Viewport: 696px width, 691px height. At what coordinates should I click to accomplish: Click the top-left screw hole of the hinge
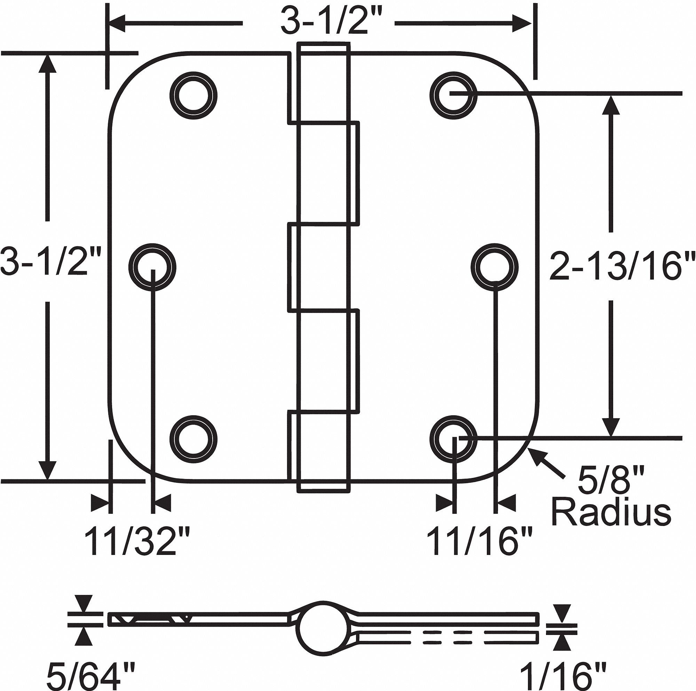[x=193, y=95]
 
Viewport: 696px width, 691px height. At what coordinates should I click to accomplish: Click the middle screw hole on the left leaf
[x=152, y=267]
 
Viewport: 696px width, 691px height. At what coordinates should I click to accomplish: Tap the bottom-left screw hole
[x=193, y=439]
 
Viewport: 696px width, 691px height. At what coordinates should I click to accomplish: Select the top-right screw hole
[x=453, y=95]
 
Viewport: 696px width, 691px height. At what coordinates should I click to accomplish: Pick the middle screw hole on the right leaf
[x=495, y=267]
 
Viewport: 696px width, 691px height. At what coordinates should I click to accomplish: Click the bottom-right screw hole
[x=453, y=439]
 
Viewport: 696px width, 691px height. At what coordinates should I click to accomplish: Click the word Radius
[x=611, y=512]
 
